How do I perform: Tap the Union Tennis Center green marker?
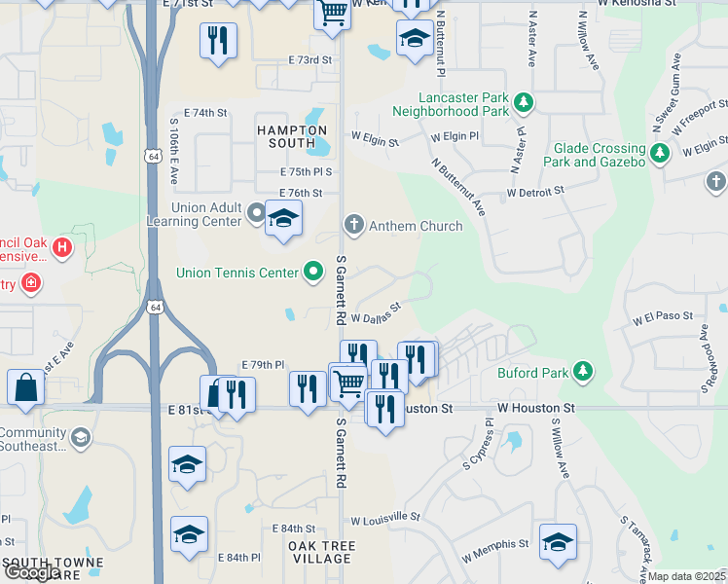tap(313, 273)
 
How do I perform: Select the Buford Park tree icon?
tap(583, 371)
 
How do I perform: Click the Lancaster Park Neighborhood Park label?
tap(464, 104)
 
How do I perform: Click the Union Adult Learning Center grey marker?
tap(256, 211)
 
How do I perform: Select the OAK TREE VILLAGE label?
tap(321, 552)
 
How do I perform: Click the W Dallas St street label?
tap(376, 313)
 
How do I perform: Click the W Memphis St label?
tap(495, 550)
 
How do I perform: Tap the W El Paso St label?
tap(662, 317)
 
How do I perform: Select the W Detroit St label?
tap(535, 193)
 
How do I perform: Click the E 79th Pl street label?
tap(263, 365)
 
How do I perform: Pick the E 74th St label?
tap(204, 113)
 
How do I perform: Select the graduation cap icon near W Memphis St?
tap(559, 542)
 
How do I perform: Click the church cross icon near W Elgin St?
tap(715, 182)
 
